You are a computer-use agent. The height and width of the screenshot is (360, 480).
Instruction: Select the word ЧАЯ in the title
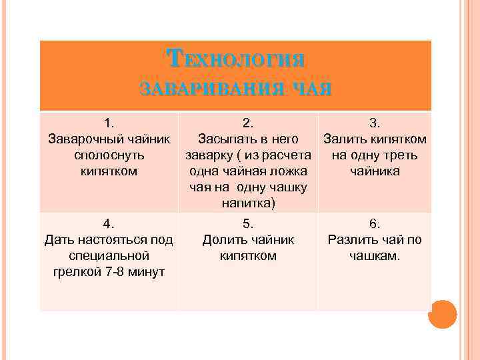310,89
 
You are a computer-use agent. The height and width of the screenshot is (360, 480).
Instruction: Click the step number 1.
109,123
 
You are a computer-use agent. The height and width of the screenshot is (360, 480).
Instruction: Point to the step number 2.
247,123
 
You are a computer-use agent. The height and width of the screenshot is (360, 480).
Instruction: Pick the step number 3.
375,123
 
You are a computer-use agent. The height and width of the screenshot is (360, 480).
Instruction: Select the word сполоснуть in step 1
109,155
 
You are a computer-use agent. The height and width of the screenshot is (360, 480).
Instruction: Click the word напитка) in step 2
247,203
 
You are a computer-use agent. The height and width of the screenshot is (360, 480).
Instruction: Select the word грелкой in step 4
75,272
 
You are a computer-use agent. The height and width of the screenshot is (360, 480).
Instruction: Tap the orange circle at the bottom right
443,313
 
